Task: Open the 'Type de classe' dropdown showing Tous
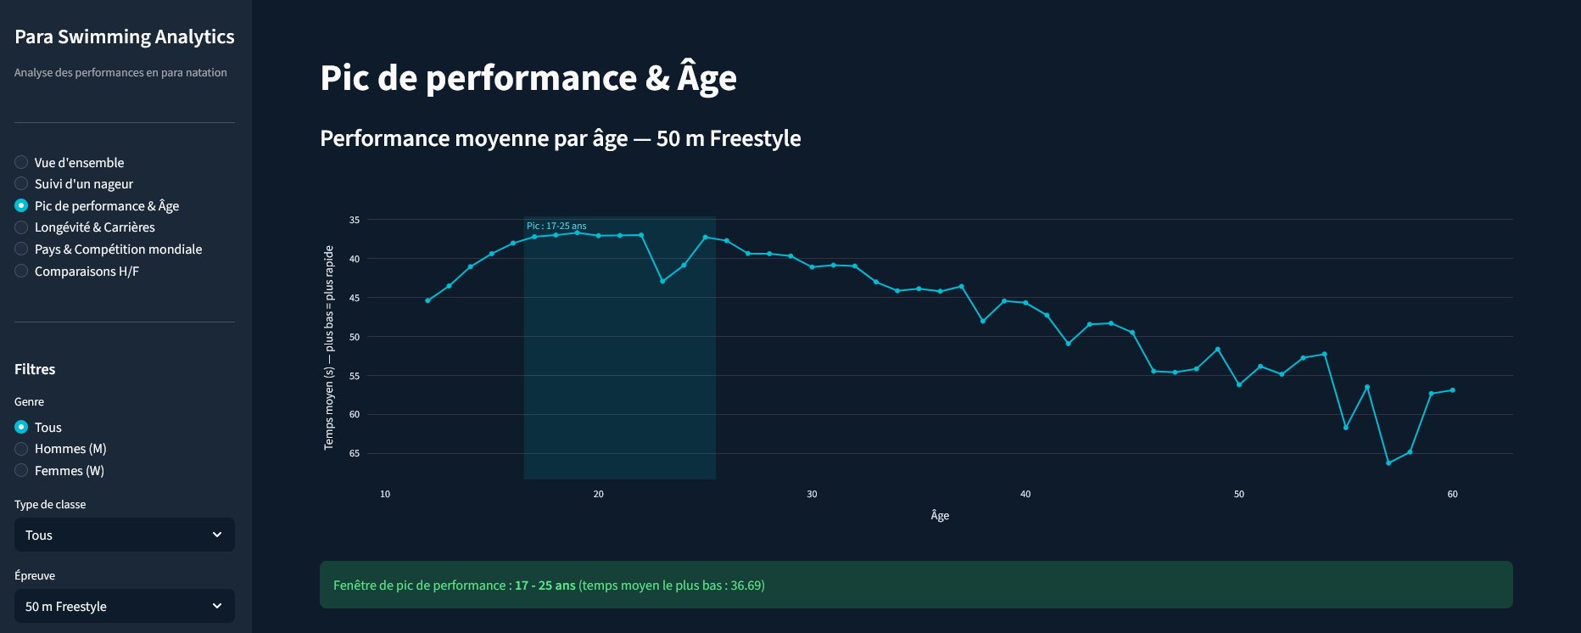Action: [x=124, y=535]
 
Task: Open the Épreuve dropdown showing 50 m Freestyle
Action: [x=124, y=606]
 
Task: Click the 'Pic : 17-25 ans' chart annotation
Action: [x=556, y=226]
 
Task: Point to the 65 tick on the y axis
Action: [x=355, y=453]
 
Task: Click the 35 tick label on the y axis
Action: [x=355, y=220]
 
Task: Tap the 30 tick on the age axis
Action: [x=812, y=494]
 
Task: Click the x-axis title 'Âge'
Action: [x=940, y=515]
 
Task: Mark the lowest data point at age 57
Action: [x=1388, y=462]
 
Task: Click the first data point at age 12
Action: [x=427, y=300]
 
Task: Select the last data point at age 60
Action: [x=1452, y=390]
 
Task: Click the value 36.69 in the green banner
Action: [x=746, y=585]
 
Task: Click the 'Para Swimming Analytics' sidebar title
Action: [x=124, y=36]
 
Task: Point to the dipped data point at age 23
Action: [x=662, y=281]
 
